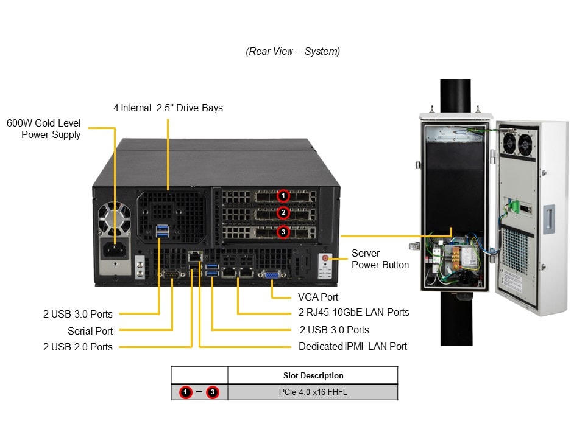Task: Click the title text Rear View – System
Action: pyautogui.click(x=292, y=52)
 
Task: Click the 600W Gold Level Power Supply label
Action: pyautogui.click(x=44, y=129)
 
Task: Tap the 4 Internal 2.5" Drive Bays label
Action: pyautogui.click(x=168, y=108)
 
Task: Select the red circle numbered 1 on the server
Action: pyautogui.click(x=283, y=195)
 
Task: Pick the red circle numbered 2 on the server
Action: pyautogui.click(x=283, y=212)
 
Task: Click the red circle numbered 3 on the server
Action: pyautogui.click(x=283, y=231)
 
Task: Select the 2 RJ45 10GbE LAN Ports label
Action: pyautogui.click(x=353, y=313)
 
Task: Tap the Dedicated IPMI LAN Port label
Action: pyautogui.click(x=353, y=346)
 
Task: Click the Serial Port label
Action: pyautogui.click(x=90, y=331)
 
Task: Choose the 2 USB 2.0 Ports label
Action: pyautogui.click(x=78, y=347)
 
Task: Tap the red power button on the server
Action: pyautogui.click(x=325, y=258)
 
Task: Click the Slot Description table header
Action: pyautogui.click(x=313, y=375)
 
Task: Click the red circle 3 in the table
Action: pyautogui.click(x=212, y=392)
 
